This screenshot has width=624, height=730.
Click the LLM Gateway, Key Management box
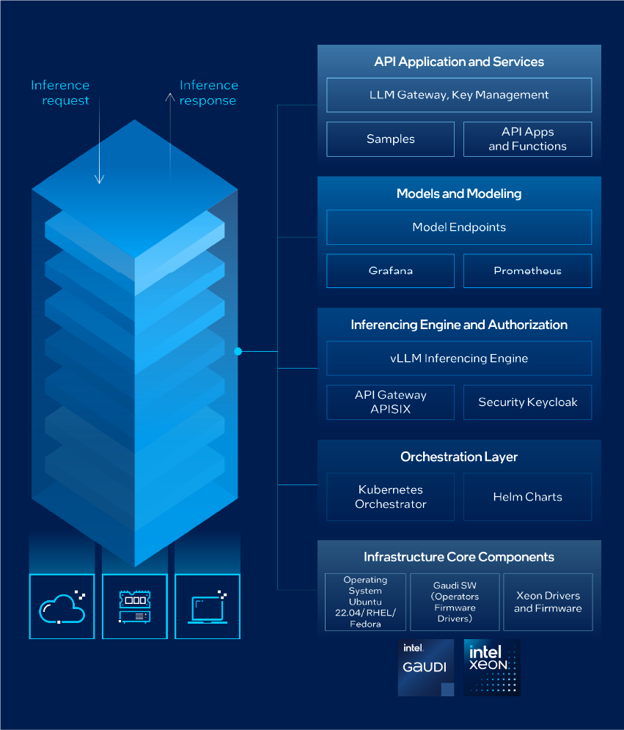tap(459, 95)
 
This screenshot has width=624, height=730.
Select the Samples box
tap(390, 139)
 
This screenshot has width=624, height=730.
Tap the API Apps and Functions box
tap(527, 139)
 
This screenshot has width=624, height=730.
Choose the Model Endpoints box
tap(459, 227)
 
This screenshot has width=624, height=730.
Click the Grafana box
tap(390, 270)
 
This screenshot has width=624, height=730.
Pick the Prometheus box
tap(527, 270)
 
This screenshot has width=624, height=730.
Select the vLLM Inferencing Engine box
tap(459, 358)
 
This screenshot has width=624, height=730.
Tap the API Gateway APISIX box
tap(390, 402)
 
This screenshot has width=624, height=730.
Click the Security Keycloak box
tap(527, 402)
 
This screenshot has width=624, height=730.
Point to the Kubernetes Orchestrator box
tap(390, 497)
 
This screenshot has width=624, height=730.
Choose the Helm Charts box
tap(527, 497)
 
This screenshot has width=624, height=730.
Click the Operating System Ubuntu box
tap(365, 602)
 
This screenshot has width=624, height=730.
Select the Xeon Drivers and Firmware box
tap(548, 602)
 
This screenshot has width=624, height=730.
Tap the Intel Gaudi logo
tap(426, 667)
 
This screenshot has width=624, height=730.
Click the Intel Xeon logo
tap(492, 667)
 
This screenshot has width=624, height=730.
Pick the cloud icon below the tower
tap(62, 606)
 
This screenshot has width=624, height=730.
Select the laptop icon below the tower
tap(208, 606)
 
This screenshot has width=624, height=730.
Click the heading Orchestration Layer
tap(459, 457)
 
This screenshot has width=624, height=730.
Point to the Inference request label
tap(60, 93)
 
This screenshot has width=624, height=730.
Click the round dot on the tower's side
tap(238, 352)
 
